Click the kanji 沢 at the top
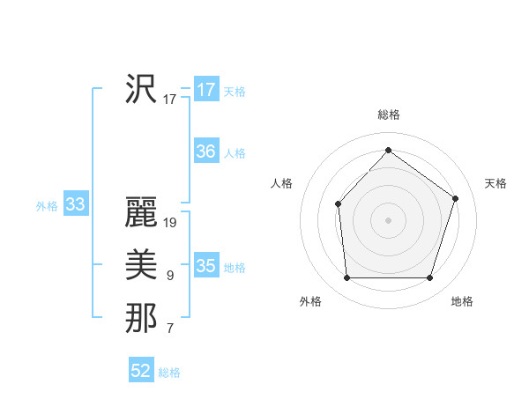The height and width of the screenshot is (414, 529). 141,89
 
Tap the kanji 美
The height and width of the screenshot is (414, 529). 141,264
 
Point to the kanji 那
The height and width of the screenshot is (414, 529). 141,317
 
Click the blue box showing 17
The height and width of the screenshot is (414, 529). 205,90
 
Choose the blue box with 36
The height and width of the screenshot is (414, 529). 205,152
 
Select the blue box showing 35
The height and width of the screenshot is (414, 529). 205,266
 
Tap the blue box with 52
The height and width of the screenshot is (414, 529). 141,371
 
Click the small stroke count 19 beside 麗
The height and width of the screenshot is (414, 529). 170,223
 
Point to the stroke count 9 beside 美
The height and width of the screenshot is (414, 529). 170,276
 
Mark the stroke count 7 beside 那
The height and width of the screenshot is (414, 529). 170,329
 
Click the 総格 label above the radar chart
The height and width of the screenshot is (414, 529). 388,115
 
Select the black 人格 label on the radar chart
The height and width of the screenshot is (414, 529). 281,183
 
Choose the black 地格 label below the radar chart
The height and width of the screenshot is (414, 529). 462,301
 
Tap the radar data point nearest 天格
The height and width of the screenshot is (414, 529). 455,198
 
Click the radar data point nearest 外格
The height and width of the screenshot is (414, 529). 346,278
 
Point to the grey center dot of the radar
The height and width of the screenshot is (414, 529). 388,219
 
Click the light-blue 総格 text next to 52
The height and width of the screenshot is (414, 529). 169,373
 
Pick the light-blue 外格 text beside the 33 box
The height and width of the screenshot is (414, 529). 47,206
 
